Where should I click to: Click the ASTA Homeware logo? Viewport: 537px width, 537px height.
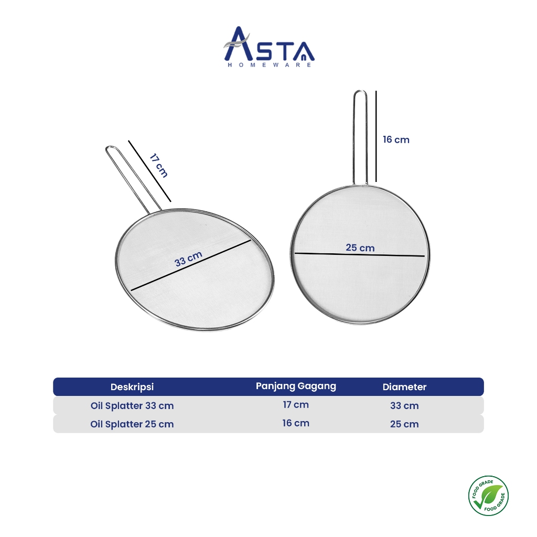pos(269,47)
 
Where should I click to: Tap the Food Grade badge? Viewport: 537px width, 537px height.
pos(488,496)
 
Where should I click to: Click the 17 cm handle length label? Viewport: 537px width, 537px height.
pos(158,166)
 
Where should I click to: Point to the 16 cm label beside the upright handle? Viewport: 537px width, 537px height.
pos(396,139)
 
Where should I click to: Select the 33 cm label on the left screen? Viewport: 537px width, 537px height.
pos(188,259)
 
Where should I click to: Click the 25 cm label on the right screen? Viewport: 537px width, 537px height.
pos(360,248)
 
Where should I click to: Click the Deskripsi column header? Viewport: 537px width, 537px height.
pos(132,387)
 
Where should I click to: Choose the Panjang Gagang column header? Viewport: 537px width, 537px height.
pos(296,386)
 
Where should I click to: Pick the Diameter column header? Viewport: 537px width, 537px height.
pos(404,387)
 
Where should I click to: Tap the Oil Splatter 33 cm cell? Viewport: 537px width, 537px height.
pos(132,405)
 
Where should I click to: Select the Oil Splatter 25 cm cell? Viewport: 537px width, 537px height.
pos(132,424)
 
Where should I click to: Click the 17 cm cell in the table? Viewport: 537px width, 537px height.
pos(296,405)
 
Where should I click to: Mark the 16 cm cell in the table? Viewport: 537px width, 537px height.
pos(296,423)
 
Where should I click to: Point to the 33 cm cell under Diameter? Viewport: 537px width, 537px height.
pos(404,405)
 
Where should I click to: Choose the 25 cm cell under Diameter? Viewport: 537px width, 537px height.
pos(404,424)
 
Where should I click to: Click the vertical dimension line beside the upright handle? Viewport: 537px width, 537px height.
pos(376,136)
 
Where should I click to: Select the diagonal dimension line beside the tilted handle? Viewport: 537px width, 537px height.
pos(149,171)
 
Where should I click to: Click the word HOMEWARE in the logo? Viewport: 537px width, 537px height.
pos(270,65)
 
